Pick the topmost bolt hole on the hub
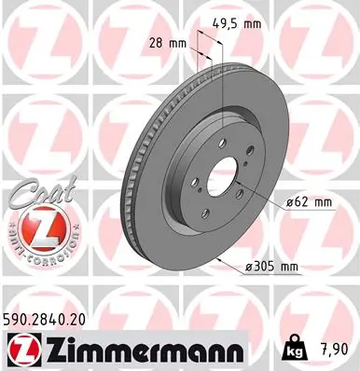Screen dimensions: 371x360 point(214,144)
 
